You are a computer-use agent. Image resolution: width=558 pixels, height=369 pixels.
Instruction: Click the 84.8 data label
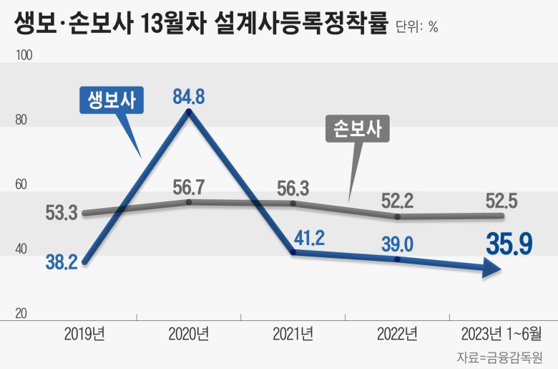pyautogui.click(x=189, y=96)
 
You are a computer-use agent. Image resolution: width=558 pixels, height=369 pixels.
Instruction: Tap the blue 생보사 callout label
pyautogui.click(x=112, y=100)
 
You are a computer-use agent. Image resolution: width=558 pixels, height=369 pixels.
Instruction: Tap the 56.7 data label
pyautogui.click(x=189, y=188)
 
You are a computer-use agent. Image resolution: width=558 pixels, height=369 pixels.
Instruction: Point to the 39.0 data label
pyautogui.click(x=397, y=244)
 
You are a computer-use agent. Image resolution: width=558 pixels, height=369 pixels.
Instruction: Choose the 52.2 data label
pyautogui.click(x=397, y=201)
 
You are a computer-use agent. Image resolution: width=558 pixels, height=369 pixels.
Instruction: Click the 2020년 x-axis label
pyautogui.click(x=189, y=333)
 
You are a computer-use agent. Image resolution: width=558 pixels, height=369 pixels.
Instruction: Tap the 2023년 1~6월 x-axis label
pyautogui.click(x=501, y=333)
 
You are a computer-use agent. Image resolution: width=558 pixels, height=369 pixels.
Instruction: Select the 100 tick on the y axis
pyautogui.click(x=24, y=55)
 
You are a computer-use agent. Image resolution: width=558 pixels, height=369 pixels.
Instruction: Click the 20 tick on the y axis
pyautogui.click(x=21, y=314)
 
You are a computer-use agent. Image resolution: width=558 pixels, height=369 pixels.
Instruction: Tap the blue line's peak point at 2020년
pyautogui.click(x=189, y=112)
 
